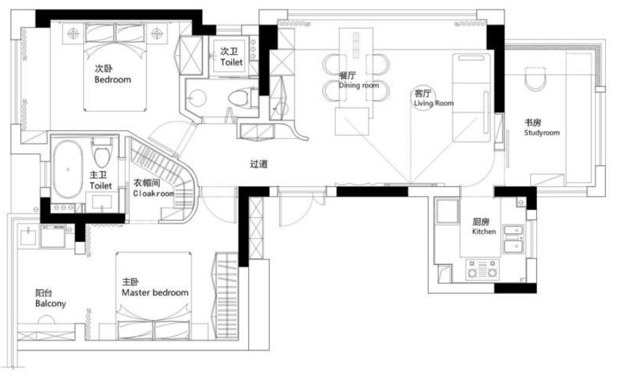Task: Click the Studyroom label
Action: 542,133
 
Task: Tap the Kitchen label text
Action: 483,231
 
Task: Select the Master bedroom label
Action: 155,293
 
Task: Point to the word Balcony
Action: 51,303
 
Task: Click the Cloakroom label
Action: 154,193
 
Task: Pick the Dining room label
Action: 359,85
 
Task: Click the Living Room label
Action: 433,103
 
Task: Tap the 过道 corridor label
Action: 259,164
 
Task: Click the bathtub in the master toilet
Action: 68,169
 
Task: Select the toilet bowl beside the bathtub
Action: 101,153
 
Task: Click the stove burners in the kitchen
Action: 483,269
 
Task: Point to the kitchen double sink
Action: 514,240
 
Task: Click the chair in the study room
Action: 536,79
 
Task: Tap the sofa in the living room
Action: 471,97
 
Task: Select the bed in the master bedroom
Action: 154,295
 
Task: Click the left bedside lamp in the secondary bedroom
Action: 73,33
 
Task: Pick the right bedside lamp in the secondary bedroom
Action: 156,33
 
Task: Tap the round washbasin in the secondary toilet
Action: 197,97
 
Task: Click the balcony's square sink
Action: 28,236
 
